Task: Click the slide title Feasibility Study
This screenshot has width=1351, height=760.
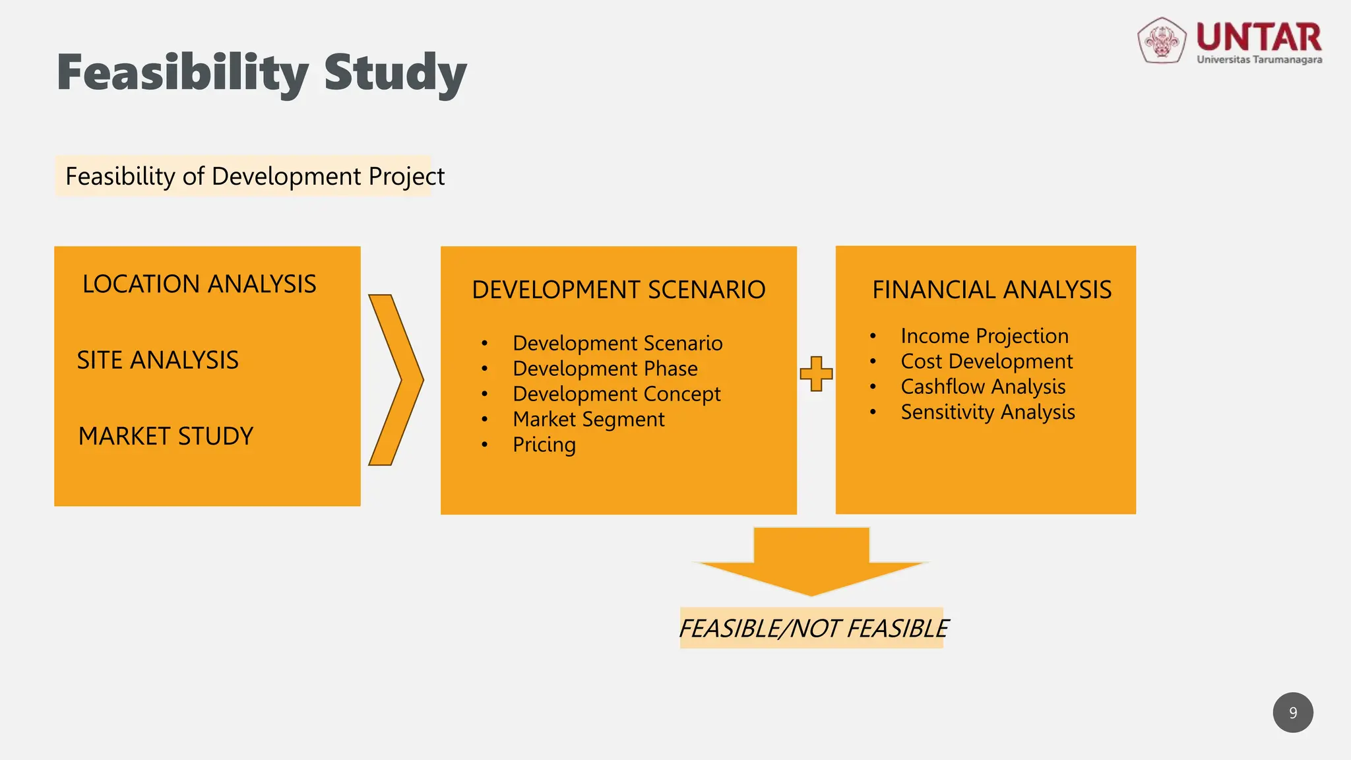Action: tap(262, 73)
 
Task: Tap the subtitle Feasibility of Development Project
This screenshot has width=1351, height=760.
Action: tap(255, 176)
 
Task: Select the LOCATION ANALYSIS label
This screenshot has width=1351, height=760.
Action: tap(199, 284)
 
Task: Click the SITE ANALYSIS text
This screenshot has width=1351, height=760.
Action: tap(158, 360)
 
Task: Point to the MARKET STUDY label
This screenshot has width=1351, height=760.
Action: tap(166, 436)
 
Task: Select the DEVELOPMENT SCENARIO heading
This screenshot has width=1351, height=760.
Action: tap(618, 290)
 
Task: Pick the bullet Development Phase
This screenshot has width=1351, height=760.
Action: tap(605, 369)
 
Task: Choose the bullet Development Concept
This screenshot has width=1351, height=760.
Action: tap(616, 394)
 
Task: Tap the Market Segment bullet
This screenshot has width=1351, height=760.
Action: tap(588, 420)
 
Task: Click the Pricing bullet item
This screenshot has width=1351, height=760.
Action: tap(544, 445)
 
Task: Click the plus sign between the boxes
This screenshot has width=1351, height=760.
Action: tap(816, 374)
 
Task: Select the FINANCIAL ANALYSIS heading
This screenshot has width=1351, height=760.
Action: tap(991, 290)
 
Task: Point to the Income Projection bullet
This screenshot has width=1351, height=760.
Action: tap(984, 336)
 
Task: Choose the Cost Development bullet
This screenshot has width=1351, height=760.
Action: tap(987, 362)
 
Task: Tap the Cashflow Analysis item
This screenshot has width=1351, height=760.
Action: tap(983, 387)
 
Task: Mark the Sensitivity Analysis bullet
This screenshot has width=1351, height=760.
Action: tap(988, 412)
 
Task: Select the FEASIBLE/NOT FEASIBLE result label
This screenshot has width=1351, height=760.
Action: tap(813, 629)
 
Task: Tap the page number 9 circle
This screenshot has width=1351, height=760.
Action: tap(1293, 712)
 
